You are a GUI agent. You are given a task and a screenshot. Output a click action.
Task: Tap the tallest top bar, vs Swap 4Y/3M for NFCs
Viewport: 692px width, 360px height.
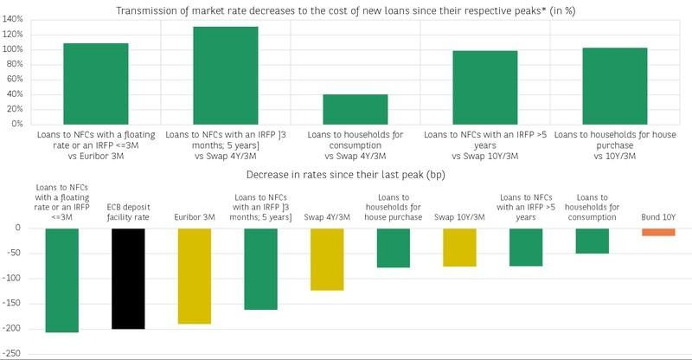coord(225,75)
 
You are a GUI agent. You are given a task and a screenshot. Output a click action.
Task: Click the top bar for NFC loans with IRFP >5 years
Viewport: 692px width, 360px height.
coord(484,87)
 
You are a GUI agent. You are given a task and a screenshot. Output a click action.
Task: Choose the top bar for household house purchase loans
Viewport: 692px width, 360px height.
coord(614,86)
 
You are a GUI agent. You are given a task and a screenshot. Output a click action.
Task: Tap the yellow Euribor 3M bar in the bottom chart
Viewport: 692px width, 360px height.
coord(194,276)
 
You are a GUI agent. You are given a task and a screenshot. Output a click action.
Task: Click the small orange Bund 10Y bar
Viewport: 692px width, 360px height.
coord(658,232)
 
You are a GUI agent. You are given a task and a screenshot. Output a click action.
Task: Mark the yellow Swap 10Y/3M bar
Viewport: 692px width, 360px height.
coord(459,247)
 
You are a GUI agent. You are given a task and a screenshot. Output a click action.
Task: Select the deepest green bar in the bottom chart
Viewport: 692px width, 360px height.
coord(62,280)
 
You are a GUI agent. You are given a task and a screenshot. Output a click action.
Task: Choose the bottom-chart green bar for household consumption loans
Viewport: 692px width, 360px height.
coord(592,241)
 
